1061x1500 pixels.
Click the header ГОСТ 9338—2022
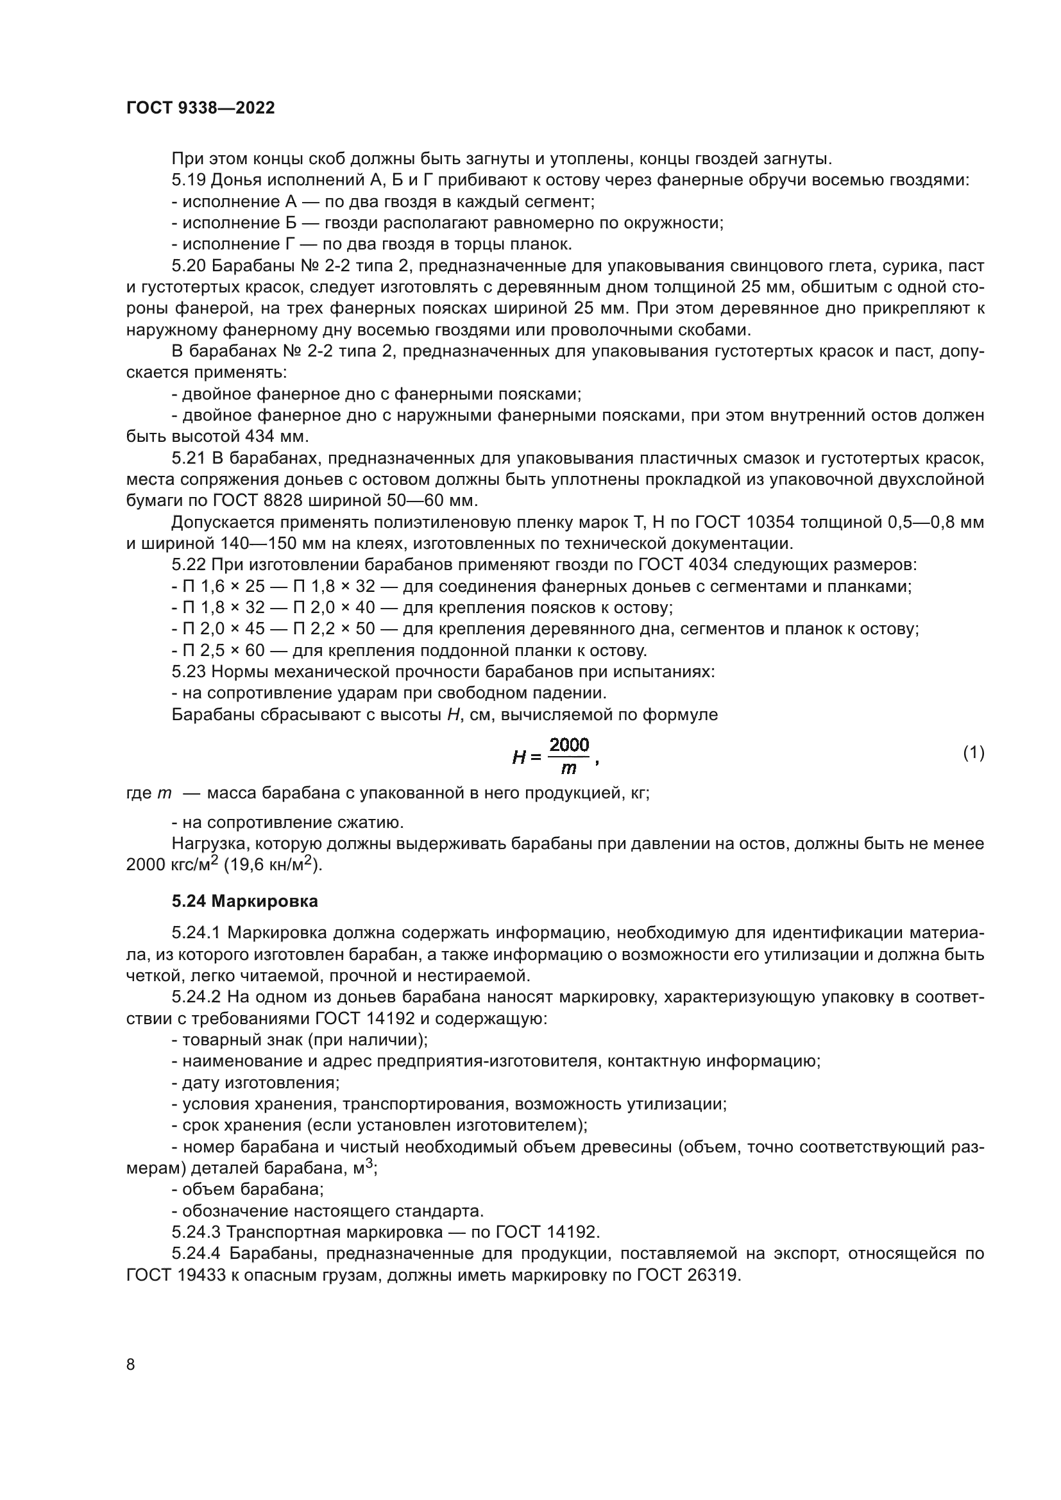[200, 108]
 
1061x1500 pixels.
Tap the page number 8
[131, 1365]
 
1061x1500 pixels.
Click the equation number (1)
[974, 753]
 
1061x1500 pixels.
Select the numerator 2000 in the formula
[569, 745]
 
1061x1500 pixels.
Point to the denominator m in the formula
[568, 768]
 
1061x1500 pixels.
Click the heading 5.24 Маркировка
[245, 902]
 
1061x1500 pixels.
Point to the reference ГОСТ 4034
[684, 564]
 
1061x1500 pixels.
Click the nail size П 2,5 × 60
[226, 651]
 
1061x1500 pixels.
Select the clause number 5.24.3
[196, 1232]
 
